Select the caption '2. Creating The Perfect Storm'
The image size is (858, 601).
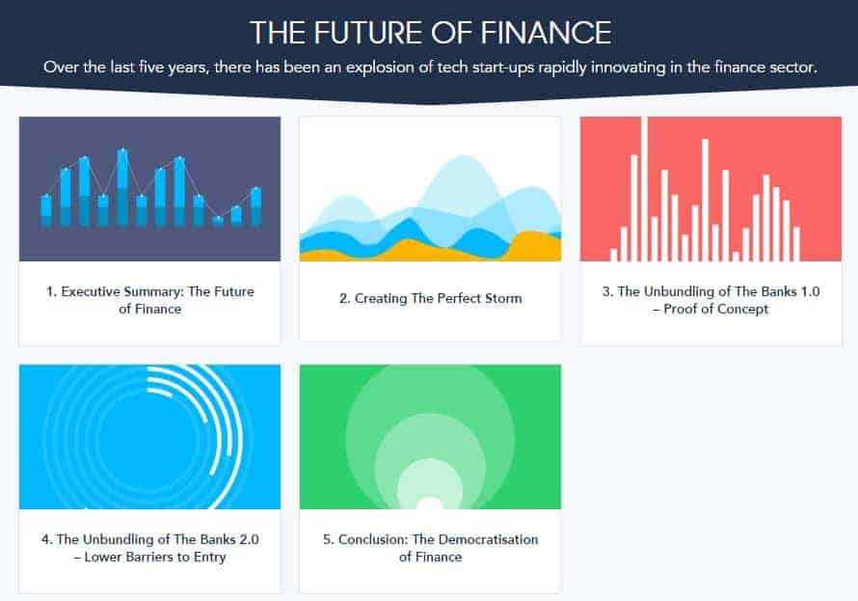[430, 298]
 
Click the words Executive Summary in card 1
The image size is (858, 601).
[122, 291]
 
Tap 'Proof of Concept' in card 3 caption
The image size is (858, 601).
[715, 309]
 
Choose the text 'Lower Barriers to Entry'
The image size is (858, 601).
[155, 557]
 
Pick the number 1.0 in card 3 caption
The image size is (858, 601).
[809, 291]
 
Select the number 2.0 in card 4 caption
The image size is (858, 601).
[249, 539]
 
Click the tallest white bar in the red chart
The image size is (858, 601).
[645, 189]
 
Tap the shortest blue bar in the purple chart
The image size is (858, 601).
[217, 221]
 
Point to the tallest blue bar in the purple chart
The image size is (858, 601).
[122, 188]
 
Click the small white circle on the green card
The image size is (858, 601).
[430, 503]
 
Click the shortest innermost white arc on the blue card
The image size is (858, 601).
[160, 392]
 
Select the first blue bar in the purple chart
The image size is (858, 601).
[46, 211]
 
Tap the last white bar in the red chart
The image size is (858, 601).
[796, 243]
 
